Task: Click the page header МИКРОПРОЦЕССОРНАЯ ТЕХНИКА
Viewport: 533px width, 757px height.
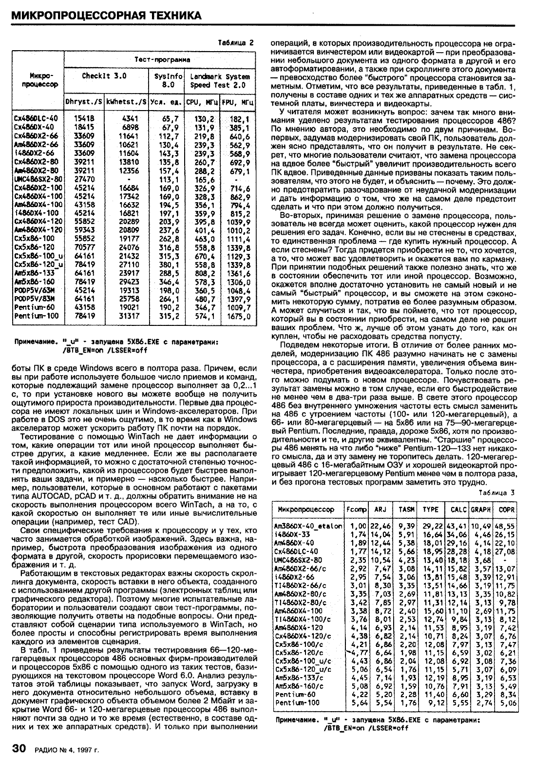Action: (x=106, y=16)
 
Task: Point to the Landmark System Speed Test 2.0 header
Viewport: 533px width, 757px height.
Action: (x=220, y=80)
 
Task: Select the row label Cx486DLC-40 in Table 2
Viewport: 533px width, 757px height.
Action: (x=37, y=118)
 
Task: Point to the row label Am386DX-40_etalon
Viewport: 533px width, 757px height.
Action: (x=308, y=527)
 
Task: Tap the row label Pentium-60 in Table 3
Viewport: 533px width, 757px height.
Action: (x=296, y=694)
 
